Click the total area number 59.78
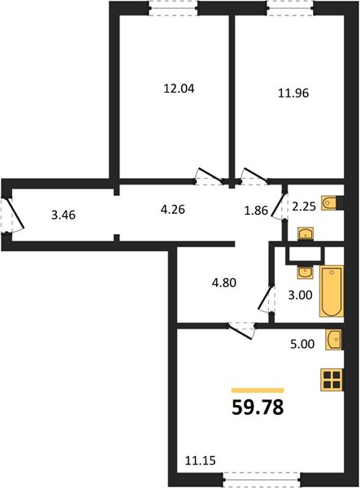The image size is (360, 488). point(258,407)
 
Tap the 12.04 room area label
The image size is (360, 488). point(179,89)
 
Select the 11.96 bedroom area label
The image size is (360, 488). point(293,93)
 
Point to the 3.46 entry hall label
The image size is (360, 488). point(63,215)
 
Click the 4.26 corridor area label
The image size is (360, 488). point(173,210)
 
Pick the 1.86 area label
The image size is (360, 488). point(256,211)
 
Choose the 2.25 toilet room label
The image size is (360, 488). point(304,206)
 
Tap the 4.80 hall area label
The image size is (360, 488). point(223,283)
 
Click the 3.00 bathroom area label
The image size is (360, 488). point(300,295)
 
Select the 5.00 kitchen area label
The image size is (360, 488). point(302,344)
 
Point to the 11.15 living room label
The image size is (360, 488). point(200,460)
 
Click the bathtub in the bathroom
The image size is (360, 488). point(332,291)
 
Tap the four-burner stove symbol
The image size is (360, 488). point(332,379)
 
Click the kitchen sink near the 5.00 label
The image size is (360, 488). point(333,339)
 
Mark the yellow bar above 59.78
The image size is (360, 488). point(258,390)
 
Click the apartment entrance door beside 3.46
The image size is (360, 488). point(12,215)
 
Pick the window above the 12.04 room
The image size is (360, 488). point(173,8)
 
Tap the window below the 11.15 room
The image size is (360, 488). point(262,481)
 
